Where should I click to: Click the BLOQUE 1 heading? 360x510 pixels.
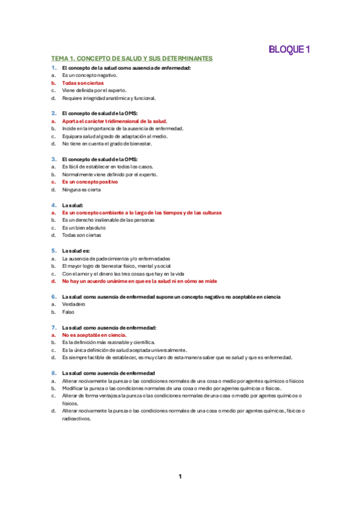(x=289, y=50)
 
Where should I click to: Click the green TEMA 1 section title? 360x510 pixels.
(x=132, y=59)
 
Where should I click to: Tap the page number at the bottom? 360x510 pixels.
(x=180, y=477)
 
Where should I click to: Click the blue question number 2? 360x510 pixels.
(x=53, y=113)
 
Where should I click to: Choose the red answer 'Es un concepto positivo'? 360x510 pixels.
(x=90, y=182)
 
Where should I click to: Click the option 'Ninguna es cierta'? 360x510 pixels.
(x=81, y=190)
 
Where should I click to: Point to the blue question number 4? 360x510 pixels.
(x=53, y=205)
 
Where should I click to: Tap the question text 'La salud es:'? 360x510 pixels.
(x=76, y=251)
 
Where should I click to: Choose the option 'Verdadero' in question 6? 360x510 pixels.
(x=73, y=304)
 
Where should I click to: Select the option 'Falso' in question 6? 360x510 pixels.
(x=69, y=312)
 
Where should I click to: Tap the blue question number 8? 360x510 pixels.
(x=53, y=373)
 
